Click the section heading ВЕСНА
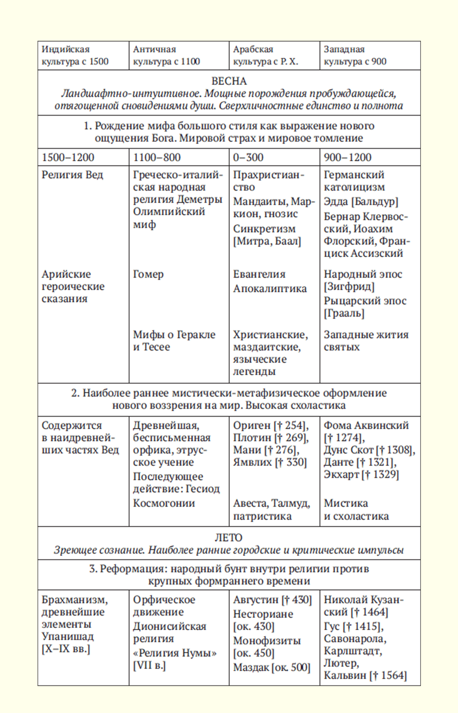tap(229, 81)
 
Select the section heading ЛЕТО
tap(229, 537)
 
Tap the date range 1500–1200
tap(68, 157)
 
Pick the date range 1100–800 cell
tap(157, 157)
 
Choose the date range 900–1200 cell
tap(347, 157)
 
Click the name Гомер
tap(148, 274)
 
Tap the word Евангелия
tap(259, 274)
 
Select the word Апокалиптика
tap(270, 289)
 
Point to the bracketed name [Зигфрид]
tap(349, 286)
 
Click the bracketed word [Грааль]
tap(344, 313)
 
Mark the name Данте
tap(339, 462)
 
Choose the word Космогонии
tap(164, 503)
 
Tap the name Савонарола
tap(354, 638)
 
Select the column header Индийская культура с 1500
tap(75, 55)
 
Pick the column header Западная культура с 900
tap(355, 55)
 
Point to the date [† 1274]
tap(344, 438)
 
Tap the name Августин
tap(256, 600)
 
